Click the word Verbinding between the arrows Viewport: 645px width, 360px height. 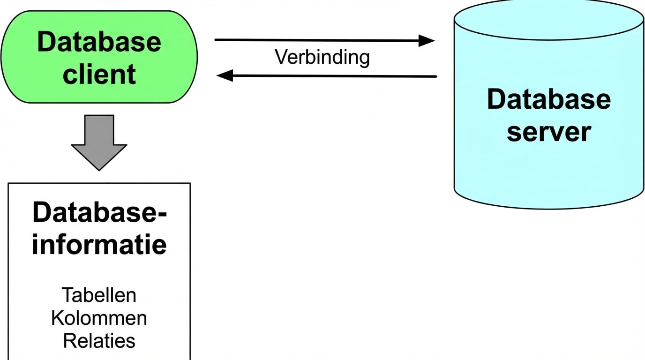click(x=322, y=57)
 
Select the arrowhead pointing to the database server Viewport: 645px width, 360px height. click(x=427, y=41)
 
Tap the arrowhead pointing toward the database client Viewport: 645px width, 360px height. click(x=225, y=75)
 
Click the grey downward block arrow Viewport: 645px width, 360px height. click(x=99, y=141)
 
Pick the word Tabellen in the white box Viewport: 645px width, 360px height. click(x=99, y=295)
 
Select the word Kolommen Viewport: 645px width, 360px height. click(x=99, y=318)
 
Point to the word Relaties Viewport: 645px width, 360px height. click(x=99, y=341)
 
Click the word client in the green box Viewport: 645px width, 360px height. click(x=99, y=74)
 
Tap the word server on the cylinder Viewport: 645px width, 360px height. click(x=548, y=132)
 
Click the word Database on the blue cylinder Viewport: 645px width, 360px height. click(x=548, y=99)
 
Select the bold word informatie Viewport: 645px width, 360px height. click(x=99, y=245)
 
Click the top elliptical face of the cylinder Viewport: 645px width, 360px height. click(x=548, y=21)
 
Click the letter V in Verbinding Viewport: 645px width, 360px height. click(x=280, y=57)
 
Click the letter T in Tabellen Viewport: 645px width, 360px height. click(x=67, y=295)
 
